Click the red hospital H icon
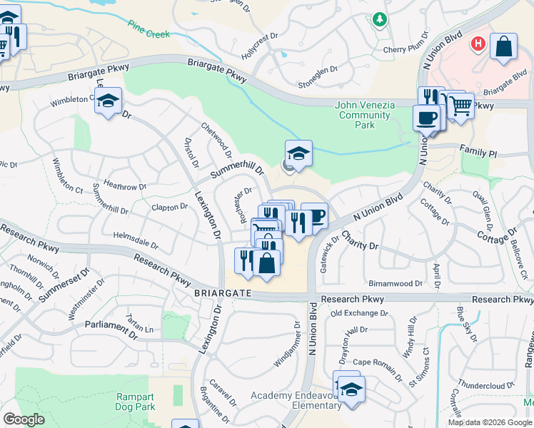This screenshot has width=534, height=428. point(478,44)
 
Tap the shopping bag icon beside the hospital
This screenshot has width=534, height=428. point(503,47)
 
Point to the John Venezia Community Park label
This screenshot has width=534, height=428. point(365,115)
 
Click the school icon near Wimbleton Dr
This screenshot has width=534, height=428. point(108,101)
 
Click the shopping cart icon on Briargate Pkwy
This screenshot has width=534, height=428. point(460,107)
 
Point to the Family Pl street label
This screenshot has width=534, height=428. point(478,153)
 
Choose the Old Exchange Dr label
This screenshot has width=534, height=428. point(359,312)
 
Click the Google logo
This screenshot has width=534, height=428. point(24,419)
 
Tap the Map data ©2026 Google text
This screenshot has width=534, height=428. point(490,422)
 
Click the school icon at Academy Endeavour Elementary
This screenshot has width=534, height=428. point(351,389)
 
